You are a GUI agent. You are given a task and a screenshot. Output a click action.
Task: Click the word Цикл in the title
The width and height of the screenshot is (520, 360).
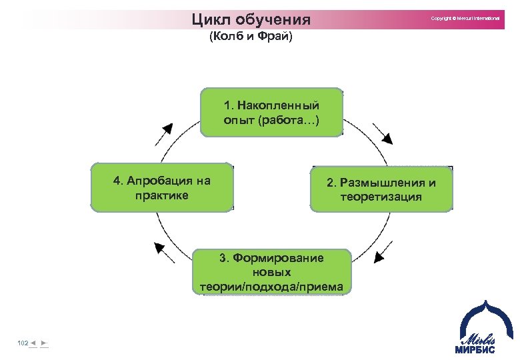click(x=210, y=17)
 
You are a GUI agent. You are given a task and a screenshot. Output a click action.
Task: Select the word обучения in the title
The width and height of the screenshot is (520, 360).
click(x=274, y=18)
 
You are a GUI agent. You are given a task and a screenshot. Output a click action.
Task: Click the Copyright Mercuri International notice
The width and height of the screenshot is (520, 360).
click(x=465, y=18)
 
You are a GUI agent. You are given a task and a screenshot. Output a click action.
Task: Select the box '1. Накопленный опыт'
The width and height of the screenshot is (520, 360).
click(x=271, y=113)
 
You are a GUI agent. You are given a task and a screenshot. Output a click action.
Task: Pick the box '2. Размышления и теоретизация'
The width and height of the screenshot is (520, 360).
click(x=381, y=189)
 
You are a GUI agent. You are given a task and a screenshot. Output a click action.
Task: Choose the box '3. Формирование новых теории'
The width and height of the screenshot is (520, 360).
click(x=271, y=272)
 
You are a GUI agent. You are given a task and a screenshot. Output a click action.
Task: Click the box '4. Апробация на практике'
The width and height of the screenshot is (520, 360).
click(x=161, y=187)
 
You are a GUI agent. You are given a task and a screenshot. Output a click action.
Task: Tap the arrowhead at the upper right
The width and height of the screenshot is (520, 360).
click(x=387, y=138)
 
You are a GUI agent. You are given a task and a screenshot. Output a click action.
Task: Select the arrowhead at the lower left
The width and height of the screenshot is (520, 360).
click(x=160, y=248)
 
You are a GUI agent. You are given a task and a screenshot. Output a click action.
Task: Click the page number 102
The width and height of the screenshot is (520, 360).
click(x=23, y=343)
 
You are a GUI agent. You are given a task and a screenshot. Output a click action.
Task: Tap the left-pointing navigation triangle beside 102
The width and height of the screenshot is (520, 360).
click(x=33, y=343)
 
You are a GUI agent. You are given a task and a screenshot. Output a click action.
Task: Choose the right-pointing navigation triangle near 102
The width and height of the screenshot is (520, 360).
click(x=43, y=343)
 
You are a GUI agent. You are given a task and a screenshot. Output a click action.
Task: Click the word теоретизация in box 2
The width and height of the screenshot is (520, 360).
click(x=381, y=197)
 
